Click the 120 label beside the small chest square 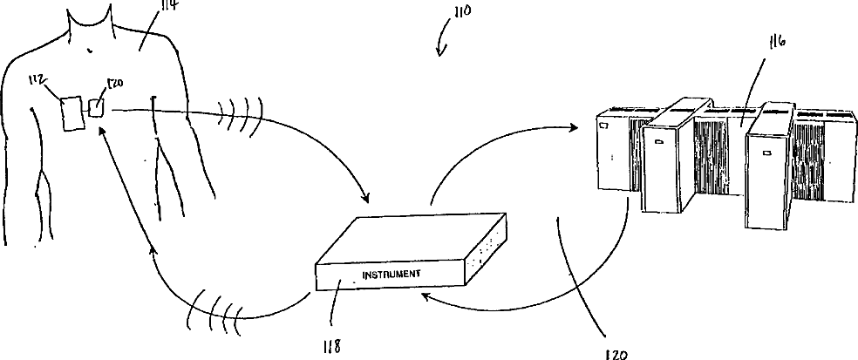(x=113, y=85)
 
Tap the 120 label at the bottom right (x=616, y=352)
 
